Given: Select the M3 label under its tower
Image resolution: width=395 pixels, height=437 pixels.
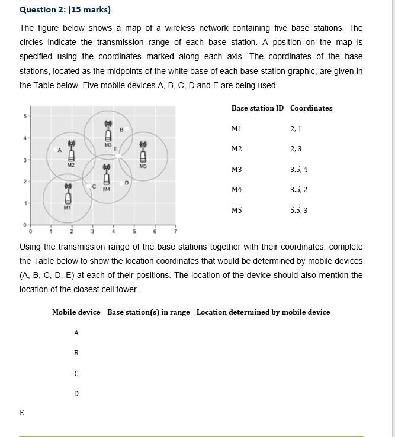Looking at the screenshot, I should point(108,145).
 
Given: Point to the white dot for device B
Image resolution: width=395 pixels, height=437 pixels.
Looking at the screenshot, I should point(126,128).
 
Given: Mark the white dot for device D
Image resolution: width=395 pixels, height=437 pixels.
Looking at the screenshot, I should point(121,183).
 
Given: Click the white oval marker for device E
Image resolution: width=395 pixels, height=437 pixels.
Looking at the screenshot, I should point(118,156).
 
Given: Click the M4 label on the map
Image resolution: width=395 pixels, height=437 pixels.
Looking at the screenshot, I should point(107,189).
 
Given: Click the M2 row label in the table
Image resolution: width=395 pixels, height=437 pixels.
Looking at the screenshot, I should point(236,149).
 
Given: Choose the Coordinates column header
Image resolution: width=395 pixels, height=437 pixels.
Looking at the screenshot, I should point(311,108).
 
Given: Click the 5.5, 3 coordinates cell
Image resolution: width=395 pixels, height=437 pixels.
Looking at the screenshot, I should point(299,210).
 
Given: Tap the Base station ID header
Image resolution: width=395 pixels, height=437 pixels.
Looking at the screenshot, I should point(257,108).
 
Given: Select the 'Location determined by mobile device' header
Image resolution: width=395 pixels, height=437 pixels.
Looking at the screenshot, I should point(263,312).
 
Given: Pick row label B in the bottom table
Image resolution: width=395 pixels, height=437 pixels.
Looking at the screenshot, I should point(76,353).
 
